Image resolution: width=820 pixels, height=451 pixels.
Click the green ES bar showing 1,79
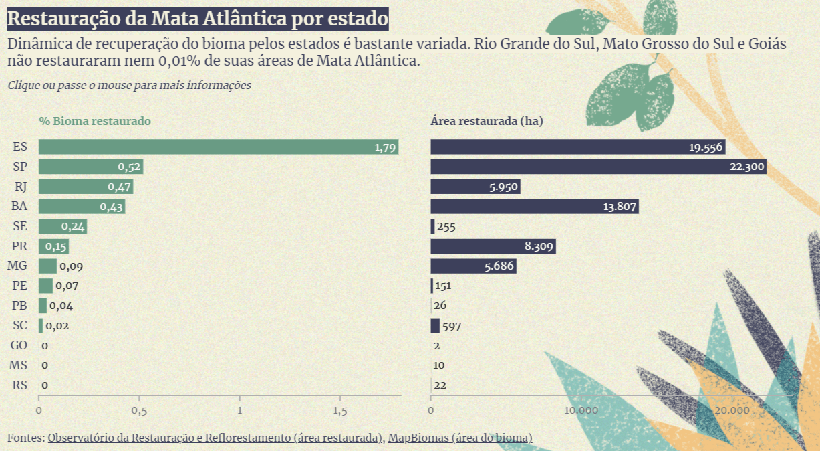(x=218, y=147)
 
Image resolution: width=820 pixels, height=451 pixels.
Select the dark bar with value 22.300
(x=598, y=167)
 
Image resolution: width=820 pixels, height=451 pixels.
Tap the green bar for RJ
(x=86, y=187)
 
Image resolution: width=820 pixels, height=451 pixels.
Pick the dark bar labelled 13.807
(x=535, y=207)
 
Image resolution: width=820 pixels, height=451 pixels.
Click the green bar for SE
(x=62, y=227)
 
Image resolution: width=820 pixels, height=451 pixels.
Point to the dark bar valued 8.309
(x=493, y=246)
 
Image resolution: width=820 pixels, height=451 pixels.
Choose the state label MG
(x=17, y=266)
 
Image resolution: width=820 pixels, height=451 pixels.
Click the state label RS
(x=20, y=385)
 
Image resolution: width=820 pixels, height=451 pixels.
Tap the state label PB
(x=20, y=306)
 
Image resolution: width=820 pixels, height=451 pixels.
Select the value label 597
(x=452, y=327)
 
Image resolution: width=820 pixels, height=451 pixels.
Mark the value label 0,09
(x=70, y=266)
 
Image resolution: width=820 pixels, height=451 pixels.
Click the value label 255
(x=446, y=227)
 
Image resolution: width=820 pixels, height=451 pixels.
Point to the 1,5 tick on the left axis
(x=339, y=410)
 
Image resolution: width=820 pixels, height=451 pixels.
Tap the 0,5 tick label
(x=139, y=410)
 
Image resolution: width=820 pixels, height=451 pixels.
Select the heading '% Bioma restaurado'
(x=94, y=121)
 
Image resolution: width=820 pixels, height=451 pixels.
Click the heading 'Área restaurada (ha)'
(x=487, y=121)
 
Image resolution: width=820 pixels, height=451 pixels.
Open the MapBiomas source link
(x=460, y=438)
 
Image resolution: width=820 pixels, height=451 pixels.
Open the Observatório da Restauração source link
(x=215, y=438)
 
